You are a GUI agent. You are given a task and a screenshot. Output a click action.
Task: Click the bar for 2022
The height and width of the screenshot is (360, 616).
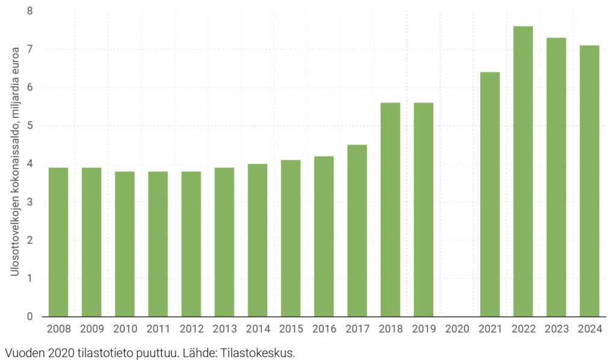coord(523,172)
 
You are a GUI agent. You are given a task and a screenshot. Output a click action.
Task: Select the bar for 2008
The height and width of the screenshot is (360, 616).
coord(58,242)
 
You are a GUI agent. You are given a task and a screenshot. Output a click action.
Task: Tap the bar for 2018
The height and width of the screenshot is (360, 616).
coord(390,209)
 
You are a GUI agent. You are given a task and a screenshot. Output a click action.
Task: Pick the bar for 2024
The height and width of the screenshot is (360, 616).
coord(589,181)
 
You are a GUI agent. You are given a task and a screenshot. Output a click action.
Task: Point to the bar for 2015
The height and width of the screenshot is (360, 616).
coord(291,238)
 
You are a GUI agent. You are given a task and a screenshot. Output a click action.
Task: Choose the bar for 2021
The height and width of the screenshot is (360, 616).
coord(490,194)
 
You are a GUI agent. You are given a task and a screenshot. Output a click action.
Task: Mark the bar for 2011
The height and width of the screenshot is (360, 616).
coord(158,244)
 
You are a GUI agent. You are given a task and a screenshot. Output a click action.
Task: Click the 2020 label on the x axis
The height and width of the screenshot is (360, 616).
coord(457,329)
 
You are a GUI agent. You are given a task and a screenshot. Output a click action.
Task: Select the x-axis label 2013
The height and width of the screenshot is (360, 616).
coord(224,329)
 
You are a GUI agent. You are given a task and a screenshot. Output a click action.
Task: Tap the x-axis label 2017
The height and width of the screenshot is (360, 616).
coord(357,329)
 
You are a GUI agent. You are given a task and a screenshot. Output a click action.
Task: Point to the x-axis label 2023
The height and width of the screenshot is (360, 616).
coord(556,329)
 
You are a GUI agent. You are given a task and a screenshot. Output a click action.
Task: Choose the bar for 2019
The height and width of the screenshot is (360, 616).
coord(423,209)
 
